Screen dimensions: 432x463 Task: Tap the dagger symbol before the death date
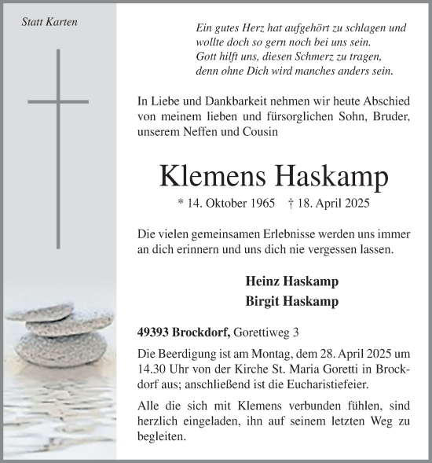coord(291,203)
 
